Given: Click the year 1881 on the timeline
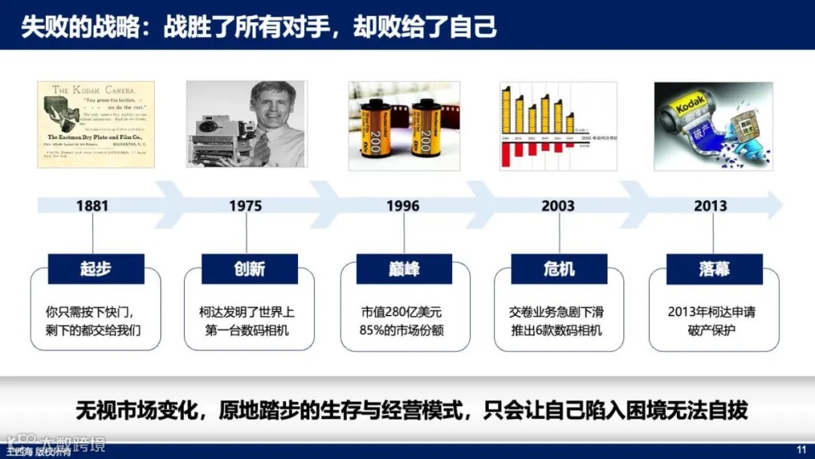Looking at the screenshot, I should tap(92, 205).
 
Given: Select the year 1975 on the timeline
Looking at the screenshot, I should tap(246, 205).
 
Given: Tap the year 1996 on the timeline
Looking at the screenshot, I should tap(403, 205).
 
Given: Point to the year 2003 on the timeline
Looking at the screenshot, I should tap(558, 205).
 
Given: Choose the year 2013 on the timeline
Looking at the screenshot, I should tap(711, 205).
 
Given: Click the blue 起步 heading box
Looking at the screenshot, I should tap(96, 269).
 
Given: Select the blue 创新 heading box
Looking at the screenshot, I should tap(250, 269).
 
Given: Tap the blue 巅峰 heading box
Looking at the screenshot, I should tap(404, 269).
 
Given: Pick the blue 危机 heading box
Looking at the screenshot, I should tap(559, 269).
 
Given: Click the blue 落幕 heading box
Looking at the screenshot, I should tap(714, 269).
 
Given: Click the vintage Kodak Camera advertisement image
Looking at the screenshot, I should tap(96, 125).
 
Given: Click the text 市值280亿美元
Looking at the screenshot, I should tap(404, 312).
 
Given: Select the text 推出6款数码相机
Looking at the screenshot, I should tap(559, 330).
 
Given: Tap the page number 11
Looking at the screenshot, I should tap(801, 451).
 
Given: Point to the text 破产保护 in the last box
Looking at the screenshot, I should tap(713, 330).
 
